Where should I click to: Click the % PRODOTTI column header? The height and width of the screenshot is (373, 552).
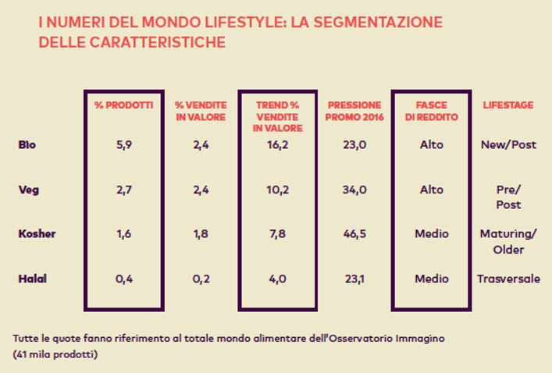123,105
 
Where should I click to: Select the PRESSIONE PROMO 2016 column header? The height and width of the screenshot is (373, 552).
354,111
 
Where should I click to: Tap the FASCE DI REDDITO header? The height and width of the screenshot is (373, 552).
430,111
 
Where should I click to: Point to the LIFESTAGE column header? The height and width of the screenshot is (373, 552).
507,105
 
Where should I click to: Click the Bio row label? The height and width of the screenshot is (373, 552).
27,144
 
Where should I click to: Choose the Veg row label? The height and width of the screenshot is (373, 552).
28,190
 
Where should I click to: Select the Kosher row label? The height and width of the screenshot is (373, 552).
36,234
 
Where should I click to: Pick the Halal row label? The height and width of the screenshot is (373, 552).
32,279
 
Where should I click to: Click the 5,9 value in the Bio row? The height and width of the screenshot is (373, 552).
123,144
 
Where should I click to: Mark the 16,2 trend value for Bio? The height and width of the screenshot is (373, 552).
278,144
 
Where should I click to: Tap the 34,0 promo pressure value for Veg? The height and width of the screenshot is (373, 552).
354,190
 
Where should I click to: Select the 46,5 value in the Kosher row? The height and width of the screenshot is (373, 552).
354,234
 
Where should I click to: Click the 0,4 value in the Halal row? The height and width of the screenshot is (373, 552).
123,279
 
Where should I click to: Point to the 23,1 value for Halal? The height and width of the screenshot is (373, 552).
354,279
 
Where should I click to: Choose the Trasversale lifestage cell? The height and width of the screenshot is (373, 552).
508,279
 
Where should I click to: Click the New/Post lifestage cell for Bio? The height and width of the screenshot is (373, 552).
508,144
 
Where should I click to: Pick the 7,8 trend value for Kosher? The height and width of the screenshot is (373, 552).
278,234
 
